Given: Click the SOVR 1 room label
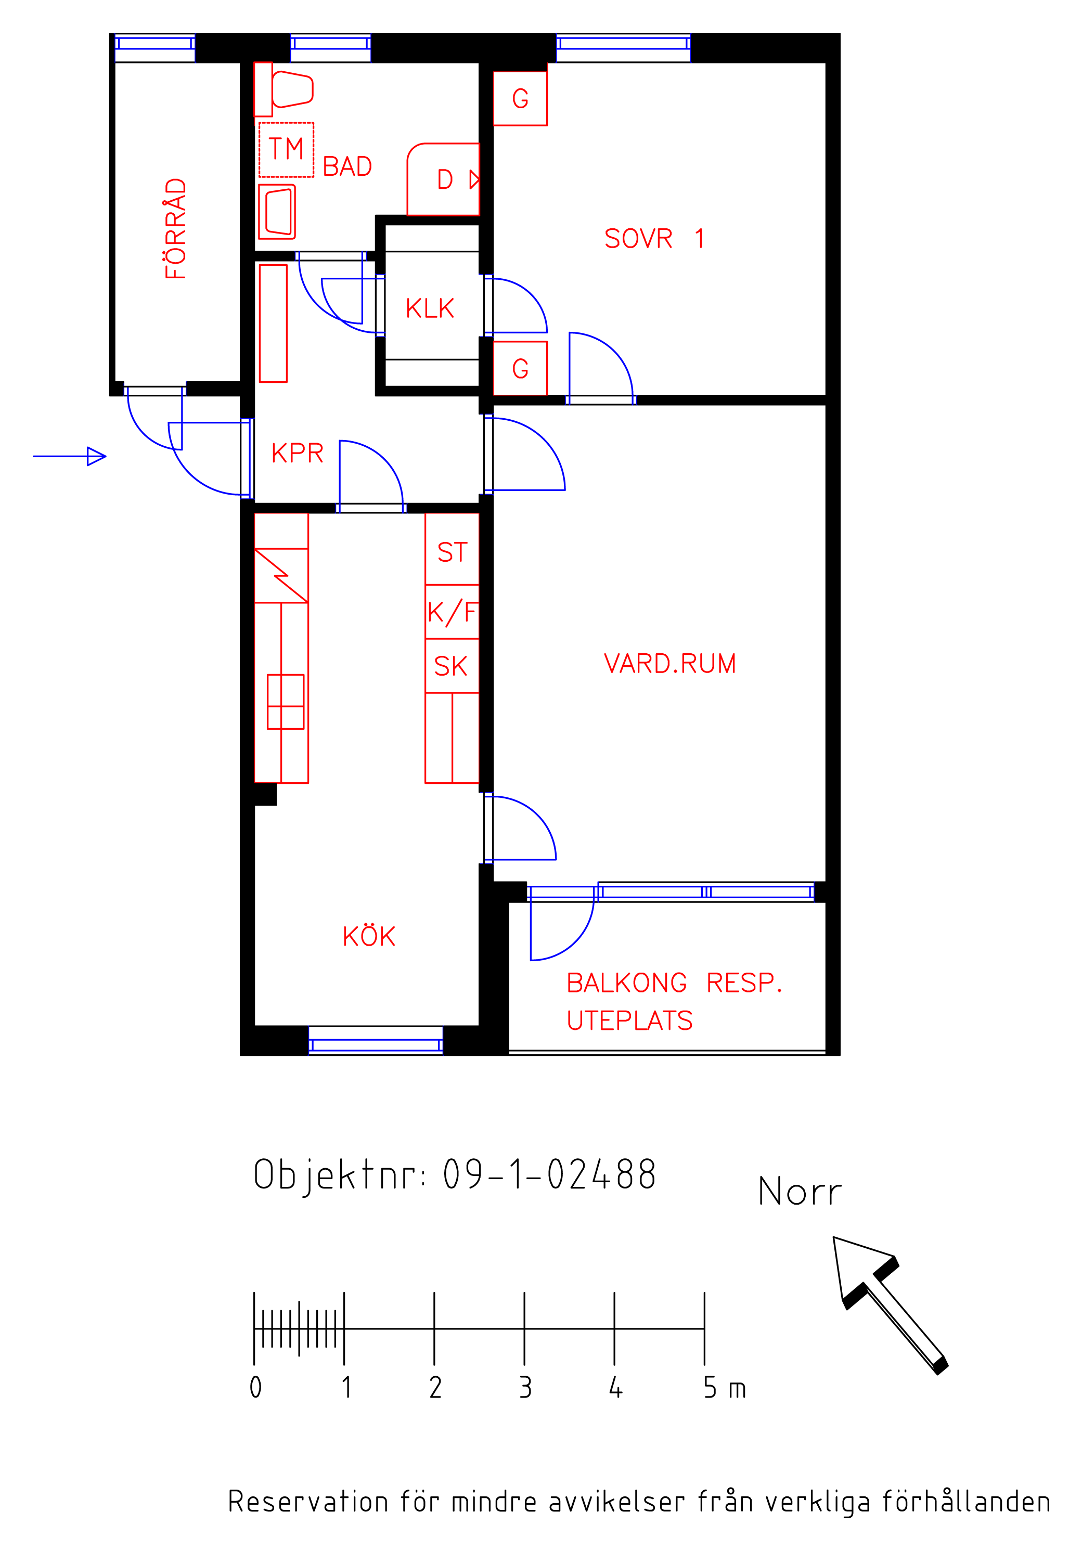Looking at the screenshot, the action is click(654, 238).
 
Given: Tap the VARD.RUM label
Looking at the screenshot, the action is click(669, 663).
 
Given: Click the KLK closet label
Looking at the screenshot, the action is click(430, 309).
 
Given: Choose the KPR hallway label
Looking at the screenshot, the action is click(297, 453).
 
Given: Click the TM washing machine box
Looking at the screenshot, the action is click(287, 150).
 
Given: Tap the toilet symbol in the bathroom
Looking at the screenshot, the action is click(284, 89).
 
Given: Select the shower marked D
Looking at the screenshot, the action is click(443, 179).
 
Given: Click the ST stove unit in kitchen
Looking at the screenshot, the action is click(452, 549).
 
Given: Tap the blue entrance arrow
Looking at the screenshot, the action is click(70, 457).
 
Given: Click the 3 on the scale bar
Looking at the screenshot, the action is click(525, 1388).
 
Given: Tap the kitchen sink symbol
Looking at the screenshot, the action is click(286, 701).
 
